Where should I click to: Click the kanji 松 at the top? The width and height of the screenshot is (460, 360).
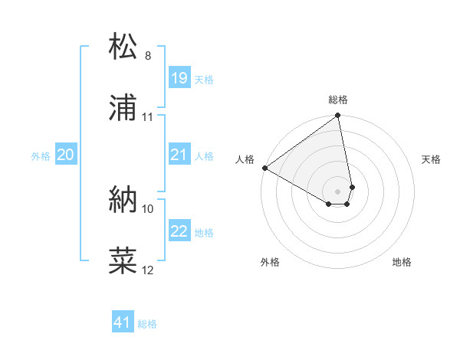123,47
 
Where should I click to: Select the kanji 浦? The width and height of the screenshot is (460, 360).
123,108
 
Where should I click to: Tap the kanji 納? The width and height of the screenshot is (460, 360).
123,201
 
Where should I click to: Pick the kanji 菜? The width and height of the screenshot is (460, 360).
123,261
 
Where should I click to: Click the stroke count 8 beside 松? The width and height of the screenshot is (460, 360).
147,56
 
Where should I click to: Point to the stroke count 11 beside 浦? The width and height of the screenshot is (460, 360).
148,117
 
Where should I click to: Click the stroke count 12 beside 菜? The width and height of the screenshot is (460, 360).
148,270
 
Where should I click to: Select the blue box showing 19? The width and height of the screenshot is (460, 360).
179,78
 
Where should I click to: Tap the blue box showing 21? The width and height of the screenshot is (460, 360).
179,155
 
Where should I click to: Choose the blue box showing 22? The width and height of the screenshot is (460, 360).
179,231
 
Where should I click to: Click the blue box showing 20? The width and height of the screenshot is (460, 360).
66,155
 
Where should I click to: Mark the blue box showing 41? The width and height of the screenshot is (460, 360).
123,322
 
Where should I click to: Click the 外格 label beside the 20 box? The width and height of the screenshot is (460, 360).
41,156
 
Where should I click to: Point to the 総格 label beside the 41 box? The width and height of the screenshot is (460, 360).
147,324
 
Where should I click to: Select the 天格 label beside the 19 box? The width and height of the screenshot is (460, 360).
204,80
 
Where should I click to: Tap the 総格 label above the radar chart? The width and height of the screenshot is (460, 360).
338,100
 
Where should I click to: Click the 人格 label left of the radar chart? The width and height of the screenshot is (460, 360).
245,159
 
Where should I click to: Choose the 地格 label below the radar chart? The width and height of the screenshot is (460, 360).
402,262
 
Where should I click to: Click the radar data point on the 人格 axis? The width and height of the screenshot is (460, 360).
264,168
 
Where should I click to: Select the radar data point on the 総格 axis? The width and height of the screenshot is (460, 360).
338,116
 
